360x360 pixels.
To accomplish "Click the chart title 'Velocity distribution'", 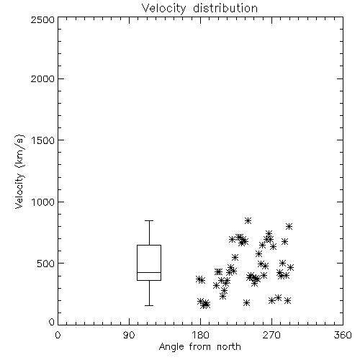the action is tap(199, 8).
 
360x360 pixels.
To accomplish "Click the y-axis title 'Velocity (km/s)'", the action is tap(19, 171).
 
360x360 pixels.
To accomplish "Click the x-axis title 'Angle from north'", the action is tap(199, 347).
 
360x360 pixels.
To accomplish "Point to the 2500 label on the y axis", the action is tap(42, 19).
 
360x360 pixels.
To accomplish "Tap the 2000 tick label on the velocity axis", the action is tap(42, 78).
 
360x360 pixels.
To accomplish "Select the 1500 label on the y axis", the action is tap(43, 140).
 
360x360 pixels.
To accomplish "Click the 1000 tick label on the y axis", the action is tap(43, 202).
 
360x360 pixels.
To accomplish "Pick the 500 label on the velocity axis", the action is tap(46, 264).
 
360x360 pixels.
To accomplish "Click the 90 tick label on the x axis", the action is tap(129, 335).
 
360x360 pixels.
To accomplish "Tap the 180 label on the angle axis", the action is tap(201, 335).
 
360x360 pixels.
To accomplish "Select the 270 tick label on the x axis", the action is tap(271, 335).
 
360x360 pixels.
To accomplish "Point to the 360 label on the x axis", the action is tap(343, 335).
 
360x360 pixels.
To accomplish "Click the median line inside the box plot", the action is tap(149, 272).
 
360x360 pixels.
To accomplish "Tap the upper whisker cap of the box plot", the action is tap(149, 220).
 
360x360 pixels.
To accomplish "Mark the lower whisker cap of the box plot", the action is tap(149, 305).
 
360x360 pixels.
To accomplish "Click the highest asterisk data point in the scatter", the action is tap(248, 220).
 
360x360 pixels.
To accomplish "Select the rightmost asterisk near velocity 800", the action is tap(289, 226).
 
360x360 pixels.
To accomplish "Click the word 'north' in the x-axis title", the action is tap(229, 347).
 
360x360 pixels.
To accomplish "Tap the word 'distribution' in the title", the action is tap(225, 8).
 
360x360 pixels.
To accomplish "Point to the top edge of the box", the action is tap(149, 245).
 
